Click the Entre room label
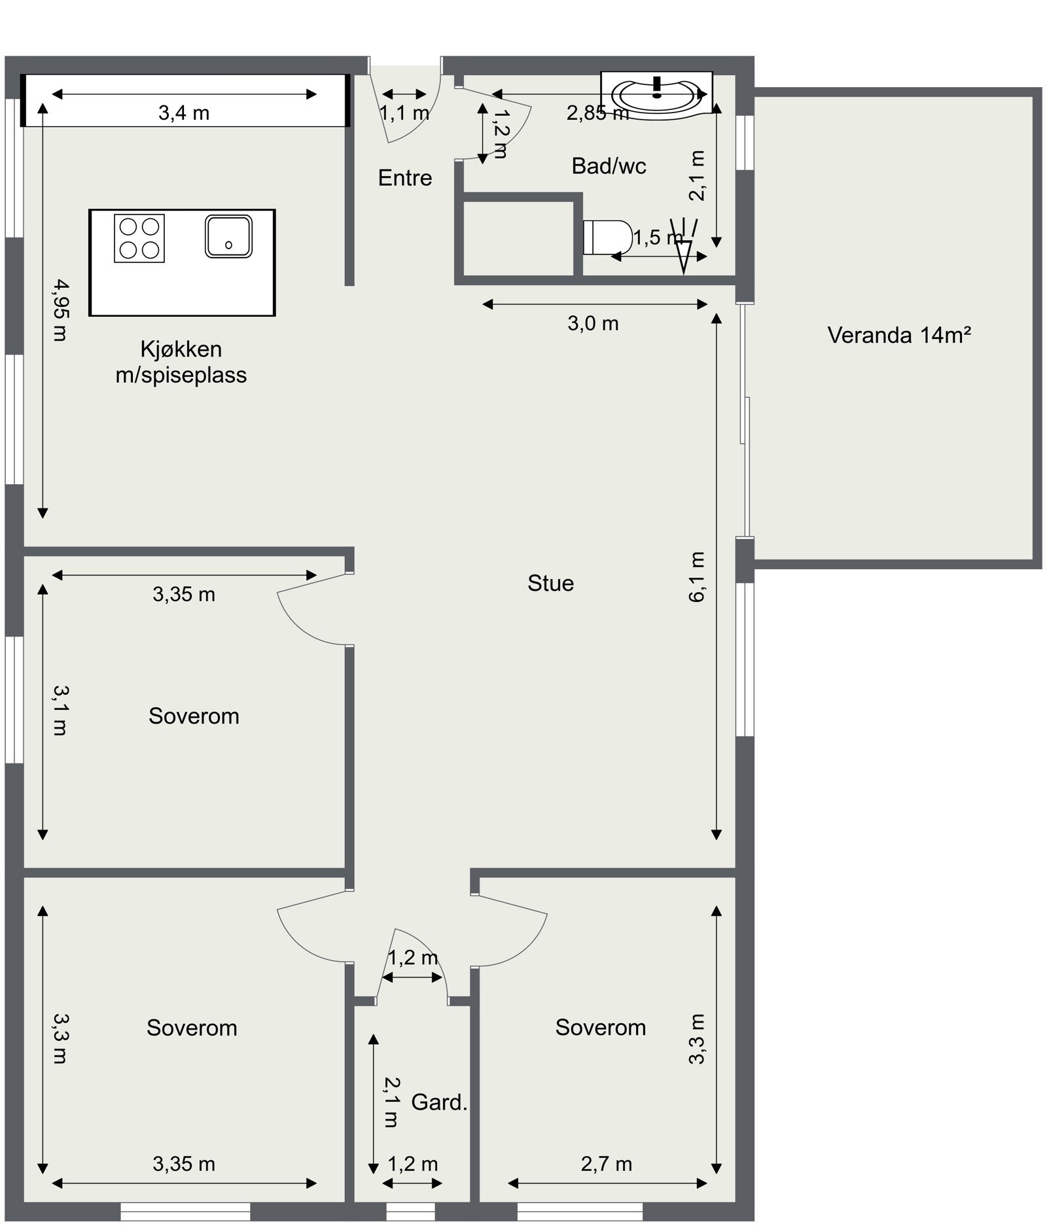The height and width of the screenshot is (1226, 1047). click(405, 178)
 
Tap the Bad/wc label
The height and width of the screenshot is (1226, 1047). click(609, 166)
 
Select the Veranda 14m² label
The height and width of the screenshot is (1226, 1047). click(898, 335)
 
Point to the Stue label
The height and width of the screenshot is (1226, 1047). click(550, 583)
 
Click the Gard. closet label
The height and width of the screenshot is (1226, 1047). click(439, 1102)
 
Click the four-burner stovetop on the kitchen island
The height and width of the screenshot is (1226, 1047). click(139, 238)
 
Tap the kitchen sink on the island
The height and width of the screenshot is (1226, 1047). click(228, 236)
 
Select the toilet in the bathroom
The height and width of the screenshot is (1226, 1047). click(607, 237)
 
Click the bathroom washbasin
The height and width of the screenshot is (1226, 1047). click(657, 92)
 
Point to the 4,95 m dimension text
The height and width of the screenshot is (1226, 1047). click(60, 310)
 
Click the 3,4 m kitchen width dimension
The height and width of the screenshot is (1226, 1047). click(184, 113)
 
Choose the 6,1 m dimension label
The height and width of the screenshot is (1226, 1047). click(698, 576)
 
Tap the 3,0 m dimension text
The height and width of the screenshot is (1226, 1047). click(593, 323)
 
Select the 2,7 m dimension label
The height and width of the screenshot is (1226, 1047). click(606, 1164)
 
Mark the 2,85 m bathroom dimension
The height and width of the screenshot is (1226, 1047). click(597, 113)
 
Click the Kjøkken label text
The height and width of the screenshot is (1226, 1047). click(181, 349)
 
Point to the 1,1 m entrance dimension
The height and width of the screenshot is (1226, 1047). click(405, 113)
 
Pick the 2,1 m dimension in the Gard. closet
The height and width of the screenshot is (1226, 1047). click(391, 1102)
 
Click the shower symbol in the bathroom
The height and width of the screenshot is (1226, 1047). click(683, 245)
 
